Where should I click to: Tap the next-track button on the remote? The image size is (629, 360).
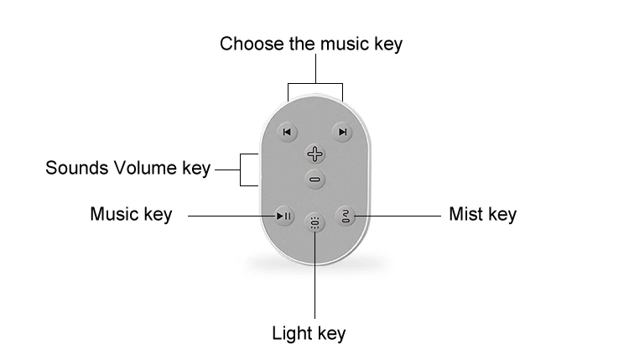click(x=341, y=132)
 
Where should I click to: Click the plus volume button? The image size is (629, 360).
click(x=314, y=154)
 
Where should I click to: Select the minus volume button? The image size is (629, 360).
click(x=314, y=178)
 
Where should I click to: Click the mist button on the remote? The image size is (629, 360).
click(x=346, y=216)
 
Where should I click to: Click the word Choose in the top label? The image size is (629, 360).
click(x=247, y=44)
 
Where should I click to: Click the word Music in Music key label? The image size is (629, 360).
click(x=114, y=215)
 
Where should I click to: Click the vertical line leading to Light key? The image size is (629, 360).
click(x=314, y=277)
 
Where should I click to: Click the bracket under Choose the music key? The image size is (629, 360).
click(x=314, y=84)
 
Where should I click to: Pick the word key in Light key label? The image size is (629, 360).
click(x=329, y=333)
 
